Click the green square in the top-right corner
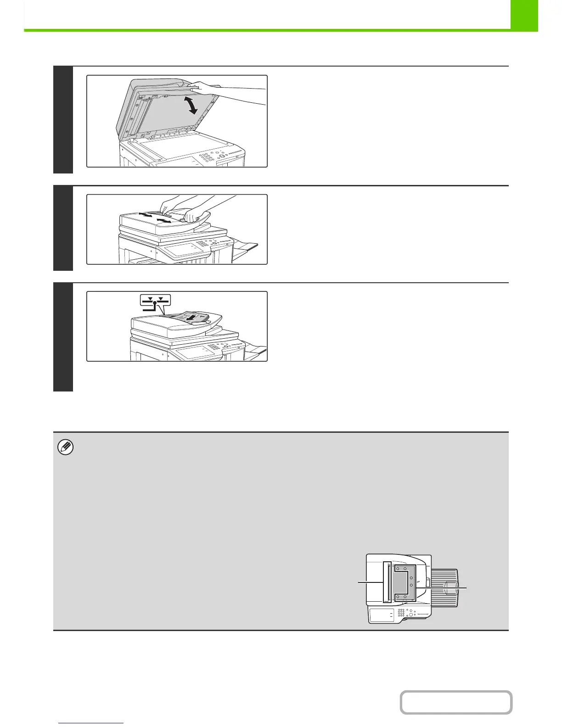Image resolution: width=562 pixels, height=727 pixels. point(524,15)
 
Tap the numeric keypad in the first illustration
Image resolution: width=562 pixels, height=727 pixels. point(208,157)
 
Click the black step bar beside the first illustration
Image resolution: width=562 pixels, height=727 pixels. point(63,120)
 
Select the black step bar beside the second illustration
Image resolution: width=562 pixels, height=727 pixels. point(63,228)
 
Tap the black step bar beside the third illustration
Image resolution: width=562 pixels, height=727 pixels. point(63,337)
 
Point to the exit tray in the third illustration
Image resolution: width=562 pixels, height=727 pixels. point(255,351)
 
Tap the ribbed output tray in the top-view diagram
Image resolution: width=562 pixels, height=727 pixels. point(444,587)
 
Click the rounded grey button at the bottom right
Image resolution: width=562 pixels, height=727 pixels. point(455,702)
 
